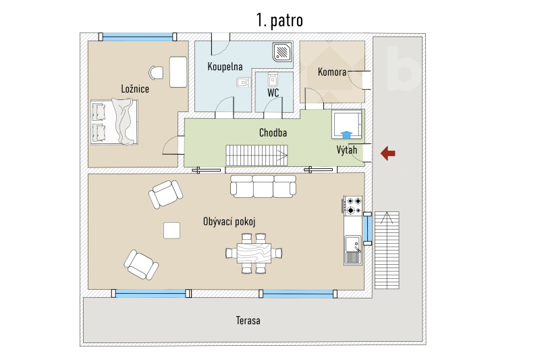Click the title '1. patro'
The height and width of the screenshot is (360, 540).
(279, 20)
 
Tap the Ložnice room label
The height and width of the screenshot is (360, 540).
(135, 88)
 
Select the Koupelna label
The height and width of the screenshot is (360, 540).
(225, 67)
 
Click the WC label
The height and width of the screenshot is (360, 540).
(273, 93)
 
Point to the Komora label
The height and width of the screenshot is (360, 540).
(331, 72)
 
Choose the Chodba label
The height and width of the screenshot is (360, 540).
(273, 133)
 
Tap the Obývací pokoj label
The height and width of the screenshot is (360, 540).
(229, 222)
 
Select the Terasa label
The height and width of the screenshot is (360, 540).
(248, 320)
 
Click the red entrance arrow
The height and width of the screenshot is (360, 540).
(387, 154)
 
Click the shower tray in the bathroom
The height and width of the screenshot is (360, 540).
(282, 51)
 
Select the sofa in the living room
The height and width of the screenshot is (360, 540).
(263, 186)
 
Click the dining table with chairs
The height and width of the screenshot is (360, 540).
(253, 253)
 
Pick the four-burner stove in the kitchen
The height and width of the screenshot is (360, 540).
(352, 205)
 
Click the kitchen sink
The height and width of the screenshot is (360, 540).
(352, 250)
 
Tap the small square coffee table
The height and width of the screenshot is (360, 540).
(172, 230)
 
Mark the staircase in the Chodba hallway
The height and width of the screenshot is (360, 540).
(258, 155)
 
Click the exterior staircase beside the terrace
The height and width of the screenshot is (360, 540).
(387, 250)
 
